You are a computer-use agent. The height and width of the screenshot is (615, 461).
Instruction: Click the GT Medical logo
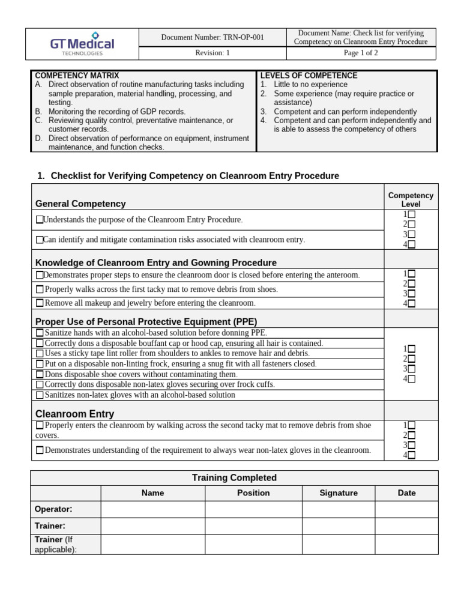[x=82, y=44]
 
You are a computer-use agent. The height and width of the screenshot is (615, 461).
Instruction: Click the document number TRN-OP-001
[x=212, y=37]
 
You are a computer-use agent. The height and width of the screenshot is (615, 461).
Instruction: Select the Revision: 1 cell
[x=212, y=53]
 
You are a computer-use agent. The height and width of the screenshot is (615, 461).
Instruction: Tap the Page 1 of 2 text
[x=361, y=53]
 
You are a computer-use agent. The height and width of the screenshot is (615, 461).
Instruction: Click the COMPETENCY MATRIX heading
[x=77, y=76]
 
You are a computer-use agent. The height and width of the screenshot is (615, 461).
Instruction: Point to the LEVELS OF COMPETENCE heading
[x=309, y=76]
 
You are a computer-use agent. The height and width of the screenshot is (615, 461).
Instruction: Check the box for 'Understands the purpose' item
[x=40, y=220]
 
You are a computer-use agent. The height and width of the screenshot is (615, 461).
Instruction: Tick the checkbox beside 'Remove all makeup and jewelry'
[x=40, y=303]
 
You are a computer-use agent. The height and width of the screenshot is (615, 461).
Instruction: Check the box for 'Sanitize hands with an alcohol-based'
[x=40, y=333]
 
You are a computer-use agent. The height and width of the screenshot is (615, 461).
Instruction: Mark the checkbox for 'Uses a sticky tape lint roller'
[x=40, y=354]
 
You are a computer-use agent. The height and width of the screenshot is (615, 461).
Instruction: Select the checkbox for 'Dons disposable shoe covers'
[x=40, y=374]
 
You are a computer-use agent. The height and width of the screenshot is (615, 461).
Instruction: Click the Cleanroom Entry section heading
[x=74, y=414]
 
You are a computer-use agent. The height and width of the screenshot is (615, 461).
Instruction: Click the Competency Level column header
[x=411, y=200]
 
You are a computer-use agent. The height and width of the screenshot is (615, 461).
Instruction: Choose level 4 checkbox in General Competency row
[x=411, y=244]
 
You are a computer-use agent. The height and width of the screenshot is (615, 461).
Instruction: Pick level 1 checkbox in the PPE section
[x=411, y=348]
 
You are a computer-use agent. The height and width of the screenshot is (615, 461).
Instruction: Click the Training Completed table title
[x=234, y=478]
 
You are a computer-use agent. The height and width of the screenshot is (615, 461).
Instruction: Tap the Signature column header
[x=338, y=493]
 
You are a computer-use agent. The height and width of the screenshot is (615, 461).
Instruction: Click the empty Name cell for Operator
[x=152, y=509]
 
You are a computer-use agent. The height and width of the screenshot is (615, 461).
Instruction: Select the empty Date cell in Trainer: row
[x=406, y=526]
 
